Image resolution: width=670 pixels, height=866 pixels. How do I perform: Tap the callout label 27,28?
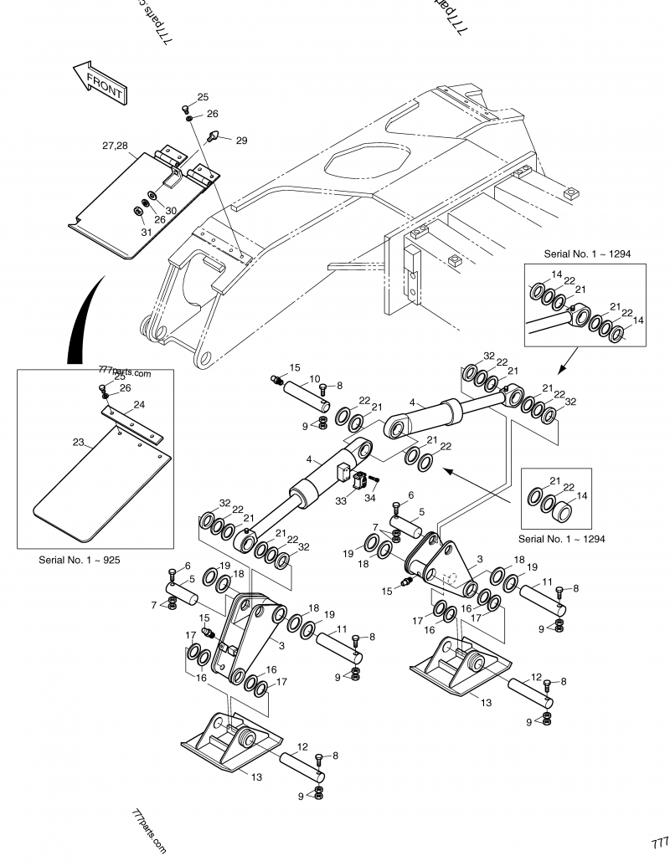coord(115,146)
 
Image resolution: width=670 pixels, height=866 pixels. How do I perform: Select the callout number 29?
coord(241,141)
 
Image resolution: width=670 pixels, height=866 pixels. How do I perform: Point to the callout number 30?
coord(170,210)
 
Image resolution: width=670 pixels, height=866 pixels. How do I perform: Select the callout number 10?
coord(314,379)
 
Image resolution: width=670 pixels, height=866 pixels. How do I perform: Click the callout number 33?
coord(341,502)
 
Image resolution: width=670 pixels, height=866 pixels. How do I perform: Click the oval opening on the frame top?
coord(367,161)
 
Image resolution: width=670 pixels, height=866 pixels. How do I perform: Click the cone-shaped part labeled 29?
coord(214,136)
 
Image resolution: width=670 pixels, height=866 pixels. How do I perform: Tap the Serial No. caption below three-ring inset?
coord(561,538)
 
